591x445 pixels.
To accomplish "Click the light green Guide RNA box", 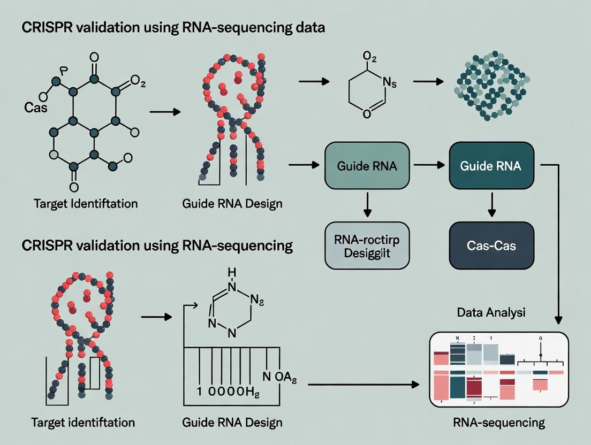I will (x=367, y=166).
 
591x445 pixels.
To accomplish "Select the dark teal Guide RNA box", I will (x=490, y=166).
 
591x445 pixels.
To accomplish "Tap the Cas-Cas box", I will (x=490, y=245).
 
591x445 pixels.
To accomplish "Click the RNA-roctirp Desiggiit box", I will (x=367, y=245).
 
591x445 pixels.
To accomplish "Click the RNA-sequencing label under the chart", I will (x=498, y=423).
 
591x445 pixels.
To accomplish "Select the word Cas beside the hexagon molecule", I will (x=36, y=108).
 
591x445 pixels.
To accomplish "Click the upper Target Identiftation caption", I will (x=86, y=204).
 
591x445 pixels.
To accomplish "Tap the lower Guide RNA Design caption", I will (x=232, y=423).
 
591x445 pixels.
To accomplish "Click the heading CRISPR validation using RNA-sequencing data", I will (x=174, y=28).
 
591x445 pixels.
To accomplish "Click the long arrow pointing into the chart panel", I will (x=364, y=384).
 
